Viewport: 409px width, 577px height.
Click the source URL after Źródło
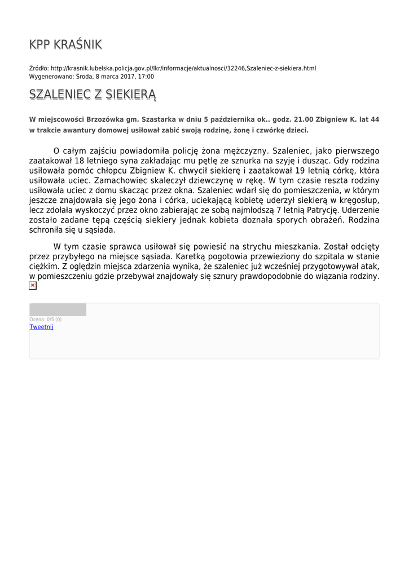pos(183,68)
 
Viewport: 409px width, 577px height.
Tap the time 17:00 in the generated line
pos(146,77)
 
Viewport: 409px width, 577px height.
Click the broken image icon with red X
pos(33,286)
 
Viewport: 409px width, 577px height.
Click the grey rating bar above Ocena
pos(58,309)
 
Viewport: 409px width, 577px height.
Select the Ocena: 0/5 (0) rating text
pos(46,319)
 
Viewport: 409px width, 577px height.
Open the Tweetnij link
pos(41,327)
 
